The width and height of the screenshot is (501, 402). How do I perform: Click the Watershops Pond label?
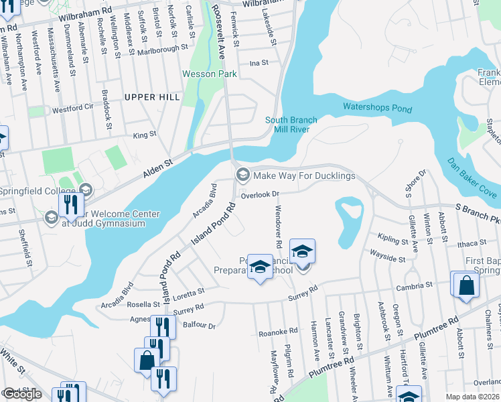377,107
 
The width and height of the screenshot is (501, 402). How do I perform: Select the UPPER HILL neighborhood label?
152,97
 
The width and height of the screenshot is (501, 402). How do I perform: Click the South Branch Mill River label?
291,125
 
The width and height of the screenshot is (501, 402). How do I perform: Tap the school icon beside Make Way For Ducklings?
242,176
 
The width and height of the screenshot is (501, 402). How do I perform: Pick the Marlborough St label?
163,49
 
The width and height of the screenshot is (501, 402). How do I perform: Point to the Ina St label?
259,63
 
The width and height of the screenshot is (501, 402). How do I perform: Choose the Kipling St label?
392,239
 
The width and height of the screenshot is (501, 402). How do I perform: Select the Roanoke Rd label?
278,332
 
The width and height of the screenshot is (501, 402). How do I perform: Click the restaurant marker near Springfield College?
71,206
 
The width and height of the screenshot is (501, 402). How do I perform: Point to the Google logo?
22,394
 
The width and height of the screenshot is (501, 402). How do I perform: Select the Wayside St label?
387,258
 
